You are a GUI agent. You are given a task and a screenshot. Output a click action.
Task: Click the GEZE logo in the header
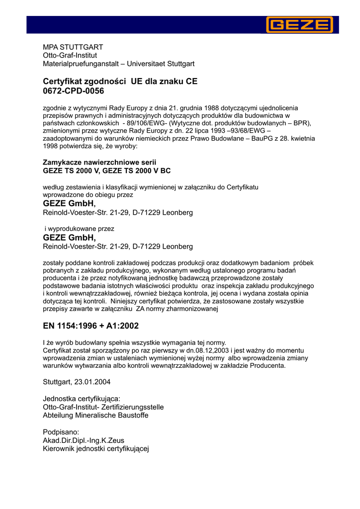tap(299, 24)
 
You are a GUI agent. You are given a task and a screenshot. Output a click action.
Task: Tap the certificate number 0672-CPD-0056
tap(74, 91)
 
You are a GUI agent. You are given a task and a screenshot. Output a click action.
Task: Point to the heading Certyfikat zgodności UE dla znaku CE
tap(120, 81)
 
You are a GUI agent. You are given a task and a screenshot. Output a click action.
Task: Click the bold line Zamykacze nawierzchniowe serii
tap(99, 163)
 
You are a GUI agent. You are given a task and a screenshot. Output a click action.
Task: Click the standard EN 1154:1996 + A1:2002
tap(91, 326)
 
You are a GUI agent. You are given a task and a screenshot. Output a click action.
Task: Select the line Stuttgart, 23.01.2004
tap(77, 382)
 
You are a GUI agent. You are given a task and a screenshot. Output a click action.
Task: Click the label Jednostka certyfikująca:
tap(82, 399)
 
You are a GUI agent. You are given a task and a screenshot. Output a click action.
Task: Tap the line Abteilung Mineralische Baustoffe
tap(95, 415)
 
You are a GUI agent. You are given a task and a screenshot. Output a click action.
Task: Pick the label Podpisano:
tap(61, 432)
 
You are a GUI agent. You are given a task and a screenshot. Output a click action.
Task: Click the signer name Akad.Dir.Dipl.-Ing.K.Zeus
tap(84, 440)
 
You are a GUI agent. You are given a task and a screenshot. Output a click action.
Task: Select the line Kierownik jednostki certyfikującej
tap(96, 448)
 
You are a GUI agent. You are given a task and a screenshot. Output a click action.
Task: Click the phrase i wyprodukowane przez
tap(80, 229)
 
